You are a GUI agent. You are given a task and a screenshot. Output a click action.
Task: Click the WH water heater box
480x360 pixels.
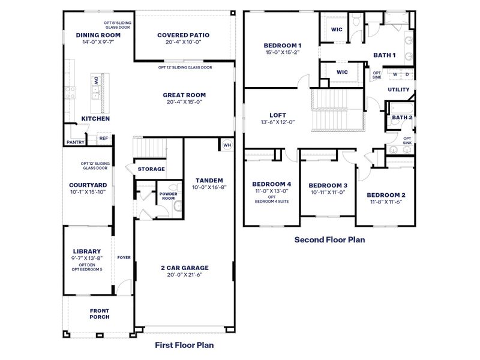pyautogui.click(x=227, y=145)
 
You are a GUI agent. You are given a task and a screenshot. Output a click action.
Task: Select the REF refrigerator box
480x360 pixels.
pyautogui.click(x=103, y=138)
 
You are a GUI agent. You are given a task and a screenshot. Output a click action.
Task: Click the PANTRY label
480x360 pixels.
pyautogui.click(x=75, y=142)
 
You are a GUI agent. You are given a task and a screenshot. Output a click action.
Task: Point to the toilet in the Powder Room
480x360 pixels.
pyautogui.click(x=177, y=206)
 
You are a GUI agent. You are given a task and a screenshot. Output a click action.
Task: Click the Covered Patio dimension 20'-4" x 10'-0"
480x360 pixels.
pyautogui.click(x=183, y=43)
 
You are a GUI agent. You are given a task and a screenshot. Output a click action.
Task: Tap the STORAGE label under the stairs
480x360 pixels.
pyautogui.click(x=151, y=169)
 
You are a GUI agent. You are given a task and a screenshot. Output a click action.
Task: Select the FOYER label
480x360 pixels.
pyautogui.click(x=124, y=257)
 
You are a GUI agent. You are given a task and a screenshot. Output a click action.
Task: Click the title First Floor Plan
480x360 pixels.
pyautogui.click(x=184, y=345)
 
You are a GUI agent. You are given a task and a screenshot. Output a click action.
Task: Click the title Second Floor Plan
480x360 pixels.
pyautogui.click(x=329, y=239)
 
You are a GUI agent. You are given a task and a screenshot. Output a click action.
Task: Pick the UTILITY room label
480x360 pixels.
pyautogui.click(x=398, y=89)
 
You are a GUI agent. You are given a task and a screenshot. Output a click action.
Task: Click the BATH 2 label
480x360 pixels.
pyautogui.click(x=402, y=118)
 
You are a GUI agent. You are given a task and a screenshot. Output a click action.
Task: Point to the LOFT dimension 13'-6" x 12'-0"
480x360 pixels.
pyautogui.click(x=277, y=122)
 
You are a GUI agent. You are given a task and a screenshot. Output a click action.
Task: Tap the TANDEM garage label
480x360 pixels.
pyautogui.click(x=209, y=180)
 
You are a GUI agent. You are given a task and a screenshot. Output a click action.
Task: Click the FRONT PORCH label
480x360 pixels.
pyautogui.click(x=100, y=314)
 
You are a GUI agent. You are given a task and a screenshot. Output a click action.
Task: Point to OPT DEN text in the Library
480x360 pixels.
pyautogui.click(x=86, y=265)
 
